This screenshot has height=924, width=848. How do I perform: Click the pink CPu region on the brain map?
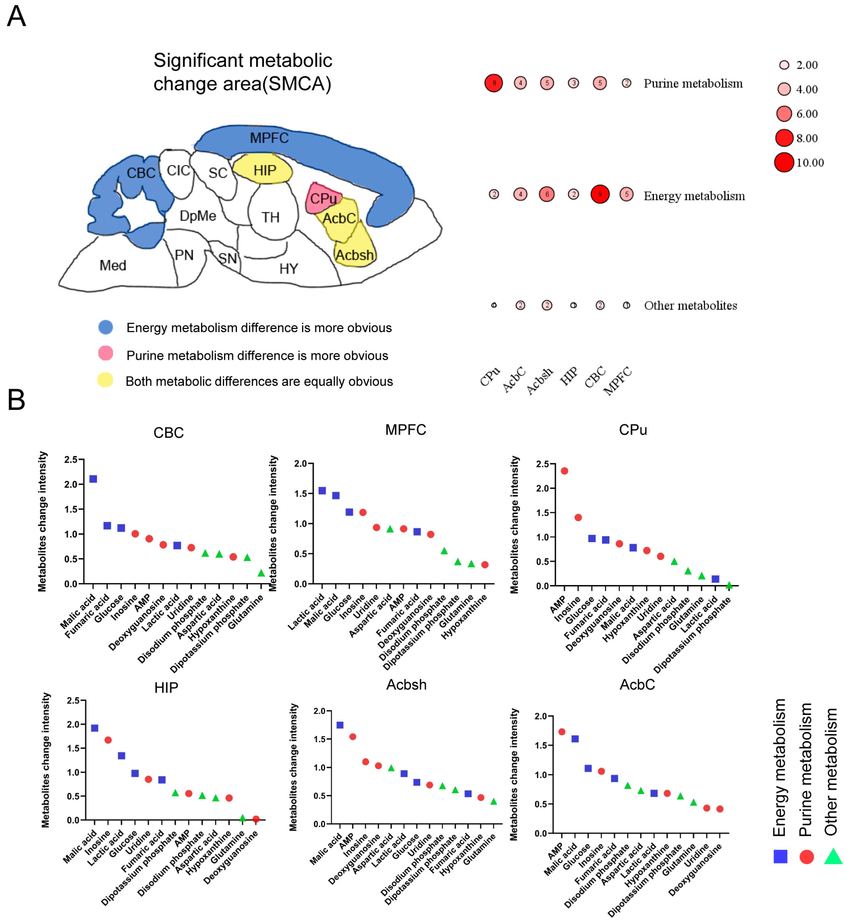(323, 198)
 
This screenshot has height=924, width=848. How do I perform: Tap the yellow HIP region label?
(265, 171)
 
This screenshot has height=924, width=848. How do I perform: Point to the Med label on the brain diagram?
(113, 265)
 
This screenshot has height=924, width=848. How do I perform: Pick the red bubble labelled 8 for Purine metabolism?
(494, 83)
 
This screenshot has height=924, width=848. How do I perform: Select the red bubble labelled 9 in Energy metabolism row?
(600, 194)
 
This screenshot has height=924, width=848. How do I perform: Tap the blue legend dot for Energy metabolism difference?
(105, 327)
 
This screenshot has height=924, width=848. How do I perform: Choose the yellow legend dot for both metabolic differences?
(105, 380)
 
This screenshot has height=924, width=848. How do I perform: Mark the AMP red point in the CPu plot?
(564, 471)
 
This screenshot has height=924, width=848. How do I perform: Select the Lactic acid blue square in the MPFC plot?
(322, 491)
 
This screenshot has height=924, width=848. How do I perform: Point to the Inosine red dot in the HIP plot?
(108, 740)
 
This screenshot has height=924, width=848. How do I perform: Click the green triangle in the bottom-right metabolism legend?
(833, 857)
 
